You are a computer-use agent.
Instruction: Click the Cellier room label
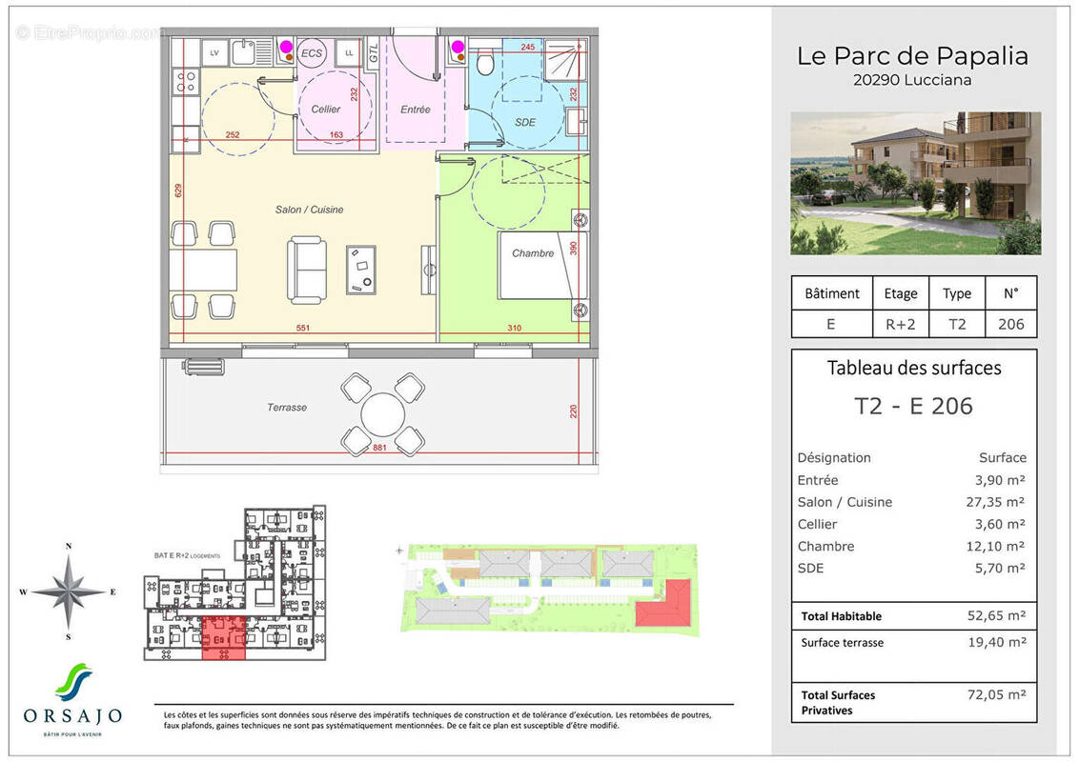pyautogui.click(x=326, y=110)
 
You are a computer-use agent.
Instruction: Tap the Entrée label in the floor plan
pyautogui.click(x=415, y=110)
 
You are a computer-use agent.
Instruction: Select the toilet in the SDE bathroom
pyautogui.click(x=485, y=62)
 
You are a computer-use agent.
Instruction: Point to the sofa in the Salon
pyautogui.click(x=307, y=271)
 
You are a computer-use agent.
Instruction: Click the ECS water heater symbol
pyautogui.click(x=312, y=53)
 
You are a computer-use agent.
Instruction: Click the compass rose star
pyautogui.click(x=69, y=591)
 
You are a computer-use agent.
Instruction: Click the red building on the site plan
pyautogui.click(x=665, y=603)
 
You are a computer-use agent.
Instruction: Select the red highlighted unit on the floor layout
pyautogui.click(x=223, y=636)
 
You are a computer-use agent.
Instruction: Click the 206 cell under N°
pyautogui.click(x=1010, y=324)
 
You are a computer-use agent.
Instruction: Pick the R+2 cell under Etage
pyautogui.click(x=901, y=324)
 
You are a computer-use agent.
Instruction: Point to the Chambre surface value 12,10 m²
pyautogui.click(x=996, y=547)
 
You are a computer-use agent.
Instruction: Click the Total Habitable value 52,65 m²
pyautogui.click(x=996, y=616)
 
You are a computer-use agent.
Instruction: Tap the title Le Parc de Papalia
pyautogui.click(x=912, y=56)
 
